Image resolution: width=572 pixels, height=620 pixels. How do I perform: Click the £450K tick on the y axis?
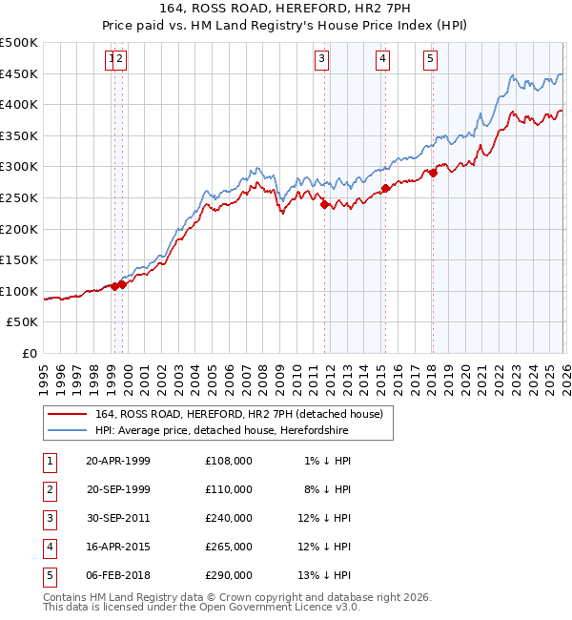(20, 74)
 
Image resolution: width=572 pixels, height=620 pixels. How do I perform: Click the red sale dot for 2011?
(324, 204)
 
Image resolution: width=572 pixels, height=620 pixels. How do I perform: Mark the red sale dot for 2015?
(385, 189)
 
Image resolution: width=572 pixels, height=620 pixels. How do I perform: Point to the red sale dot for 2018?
(433, 173)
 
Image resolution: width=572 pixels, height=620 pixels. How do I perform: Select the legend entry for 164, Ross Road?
(238, 414)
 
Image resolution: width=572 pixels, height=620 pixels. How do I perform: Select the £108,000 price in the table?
(229, 460)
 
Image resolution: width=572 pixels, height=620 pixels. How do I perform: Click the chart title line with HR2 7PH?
(286, 10)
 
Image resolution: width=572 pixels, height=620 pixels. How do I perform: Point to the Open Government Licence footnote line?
(202, 607)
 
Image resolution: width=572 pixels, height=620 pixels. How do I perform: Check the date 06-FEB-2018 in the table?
(117, 574)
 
